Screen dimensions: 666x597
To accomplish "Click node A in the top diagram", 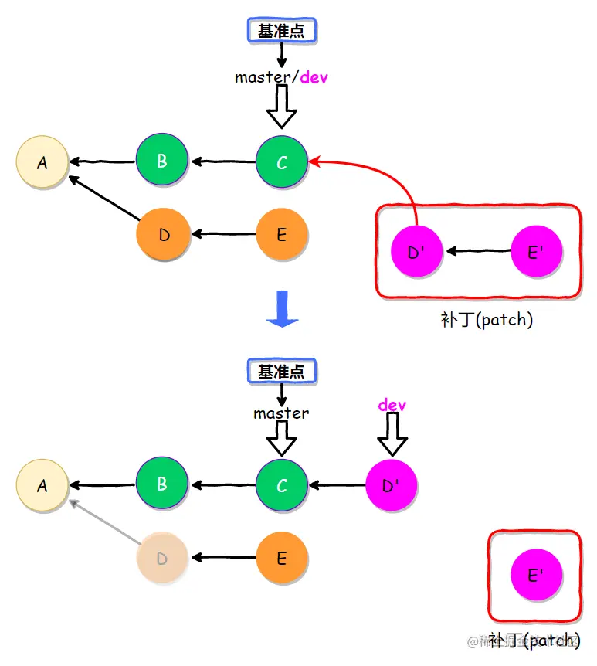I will click(x=42, y=162).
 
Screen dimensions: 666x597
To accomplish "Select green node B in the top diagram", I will click(x=162, y=161).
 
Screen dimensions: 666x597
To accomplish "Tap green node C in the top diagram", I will click(x=282, y=162).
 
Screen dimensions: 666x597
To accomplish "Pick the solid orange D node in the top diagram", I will click(x=163, y=234).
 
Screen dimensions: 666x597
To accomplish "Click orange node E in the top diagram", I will click(x=282, y=234).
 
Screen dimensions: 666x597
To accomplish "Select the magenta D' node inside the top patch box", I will click(x=416, y=251).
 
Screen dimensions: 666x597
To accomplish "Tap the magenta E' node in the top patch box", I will click(x=536, y=251).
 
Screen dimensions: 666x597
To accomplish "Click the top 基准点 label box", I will click(x=282, y=31).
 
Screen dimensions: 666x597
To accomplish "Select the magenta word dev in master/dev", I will click(x=314, y=77).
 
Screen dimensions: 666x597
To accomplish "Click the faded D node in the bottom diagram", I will click(x=163, y=558).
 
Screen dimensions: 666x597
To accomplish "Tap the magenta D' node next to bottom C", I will click(x=391, y=486).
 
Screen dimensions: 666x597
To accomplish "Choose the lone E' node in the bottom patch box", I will click(x=536, y=575).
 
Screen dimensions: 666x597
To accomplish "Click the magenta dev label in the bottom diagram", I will click(x=392, y=405).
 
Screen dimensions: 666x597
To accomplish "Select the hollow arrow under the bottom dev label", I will click(x=392, y=434).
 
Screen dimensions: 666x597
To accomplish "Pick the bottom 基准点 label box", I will click(x=282, y=371).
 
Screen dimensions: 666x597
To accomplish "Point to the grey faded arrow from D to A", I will click(x=104, y=522).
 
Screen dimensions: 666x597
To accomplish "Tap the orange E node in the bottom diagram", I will click(x=282, y=558).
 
